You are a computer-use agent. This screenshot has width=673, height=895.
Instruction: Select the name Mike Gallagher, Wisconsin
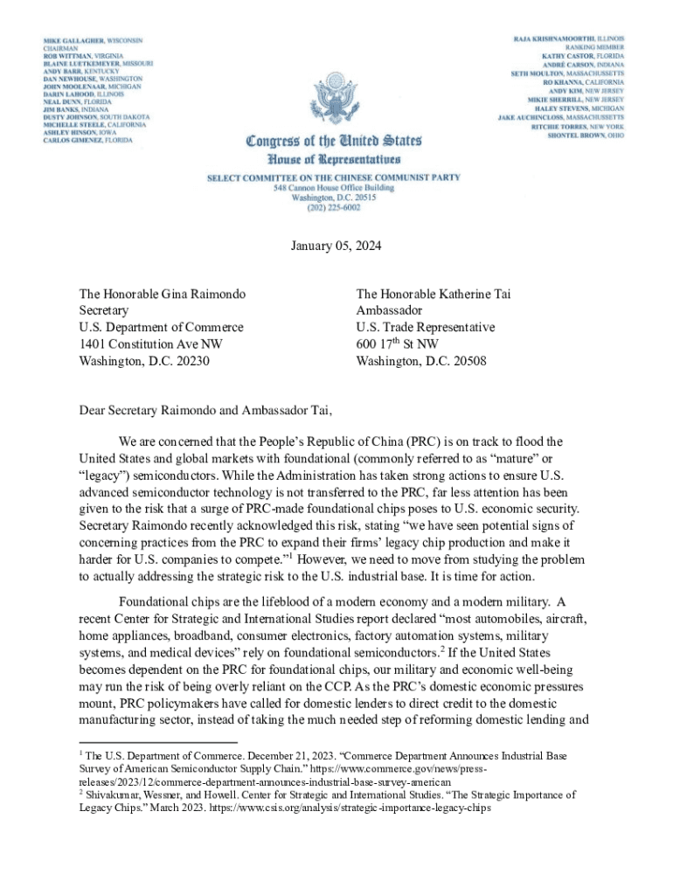point(94,41)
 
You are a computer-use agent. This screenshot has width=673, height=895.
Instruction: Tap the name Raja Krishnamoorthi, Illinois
point(568,40)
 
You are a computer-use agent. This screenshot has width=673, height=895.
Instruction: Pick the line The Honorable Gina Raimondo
point(162,294)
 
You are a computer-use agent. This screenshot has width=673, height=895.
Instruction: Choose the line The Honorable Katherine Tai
point(434,294)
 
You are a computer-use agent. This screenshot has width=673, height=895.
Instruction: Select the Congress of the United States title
point(336,140)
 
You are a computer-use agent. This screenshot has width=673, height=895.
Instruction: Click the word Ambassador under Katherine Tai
point(390,310)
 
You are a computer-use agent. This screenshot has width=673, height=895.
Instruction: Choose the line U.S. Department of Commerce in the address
point(161,327)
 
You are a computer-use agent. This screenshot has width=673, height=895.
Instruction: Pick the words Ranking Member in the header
point(593,51)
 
